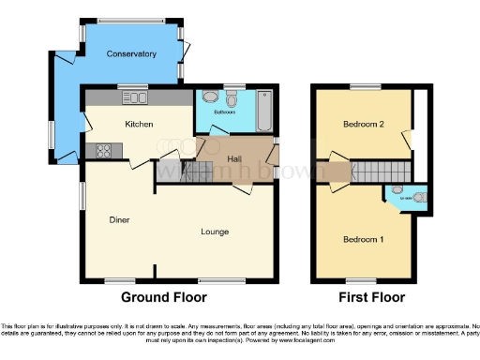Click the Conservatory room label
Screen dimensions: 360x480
tap(131, 54)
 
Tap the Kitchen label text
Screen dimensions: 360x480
tap(140, 123)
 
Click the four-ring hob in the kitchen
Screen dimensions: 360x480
tap(102, 150)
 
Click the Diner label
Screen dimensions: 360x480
tap(118, 220)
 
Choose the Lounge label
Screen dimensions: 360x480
tap(215, 231)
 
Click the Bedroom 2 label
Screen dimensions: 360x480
tap(363, 124)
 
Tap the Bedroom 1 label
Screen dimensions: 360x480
tap(362, 239)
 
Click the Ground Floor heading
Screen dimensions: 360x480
tap(163, 297)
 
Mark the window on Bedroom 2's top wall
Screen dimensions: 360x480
tap(362, 86)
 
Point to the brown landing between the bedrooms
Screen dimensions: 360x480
tap(333, 172)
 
